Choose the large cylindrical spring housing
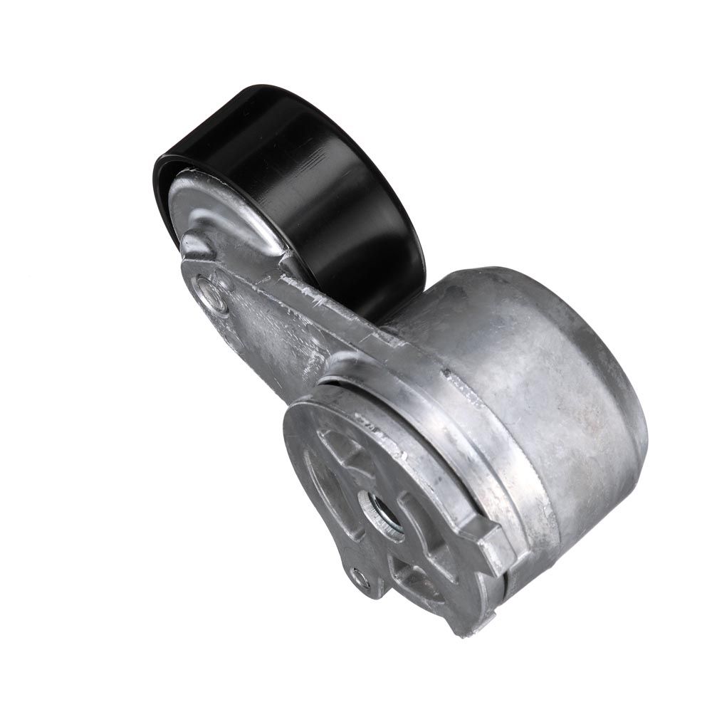(541, 399)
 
